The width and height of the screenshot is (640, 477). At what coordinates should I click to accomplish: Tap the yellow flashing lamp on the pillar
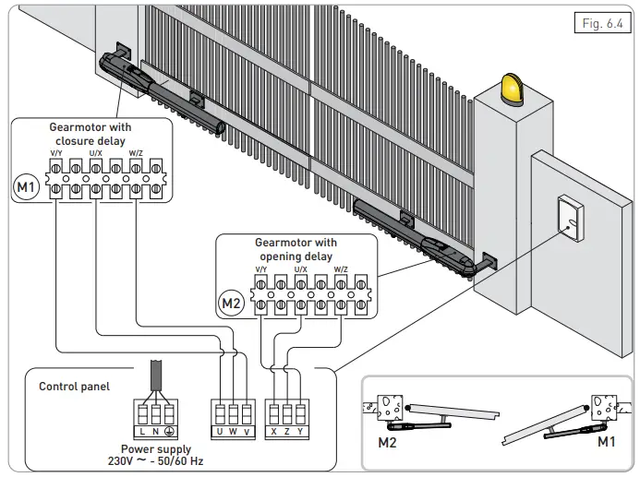(x=511, y=89)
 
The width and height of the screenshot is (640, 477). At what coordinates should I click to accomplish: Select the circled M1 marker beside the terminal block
(x=27, y=188)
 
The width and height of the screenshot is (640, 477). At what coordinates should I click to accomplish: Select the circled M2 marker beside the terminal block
(x=232, y=302)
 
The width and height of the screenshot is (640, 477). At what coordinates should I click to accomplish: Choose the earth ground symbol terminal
(x=171, y=432)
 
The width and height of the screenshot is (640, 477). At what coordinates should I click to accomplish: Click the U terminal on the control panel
(x=219, y=432)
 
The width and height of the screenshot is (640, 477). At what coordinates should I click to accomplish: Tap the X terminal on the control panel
(x=272, y=432)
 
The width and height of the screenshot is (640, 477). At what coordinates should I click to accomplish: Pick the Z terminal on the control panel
(x=288, y=432)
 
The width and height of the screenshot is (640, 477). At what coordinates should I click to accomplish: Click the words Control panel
(x=74, y=387)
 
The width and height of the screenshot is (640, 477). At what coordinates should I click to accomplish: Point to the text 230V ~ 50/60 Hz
(x=163, y=460)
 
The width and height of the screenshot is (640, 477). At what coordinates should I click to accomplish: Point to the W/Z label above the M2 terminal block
(x=341, y=269)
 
